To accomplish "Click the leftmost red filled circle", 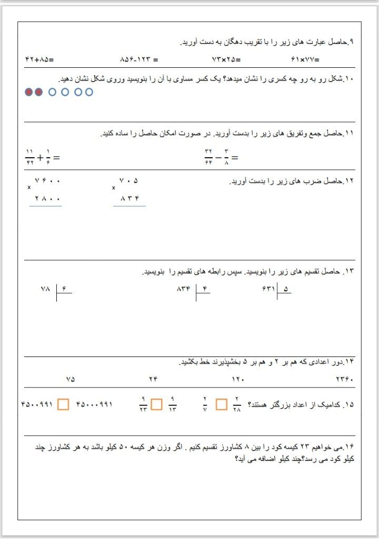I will [29, 92].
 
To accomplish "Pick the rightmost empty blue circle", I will [89, 92].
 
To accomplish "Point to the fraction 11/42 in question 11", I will [29, 157].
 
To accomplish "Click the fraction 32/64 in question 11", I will [208, 157].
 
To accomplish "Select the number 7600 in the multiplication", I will [47, 181].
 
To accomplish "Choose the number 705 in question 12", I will [129, 181].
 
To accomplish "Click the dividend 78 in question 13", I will [45, 289].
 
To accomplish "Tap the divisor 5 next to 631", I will [286, 289].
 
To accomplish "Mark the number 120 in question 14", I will [238, 379].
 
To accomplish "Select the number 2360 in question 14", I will [344, 379].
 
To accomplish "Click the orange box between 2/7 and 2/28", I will [222, 404].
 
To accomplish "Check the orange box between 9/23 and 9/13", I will [156, 404].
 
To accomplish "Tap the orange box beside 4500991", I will [63, 404].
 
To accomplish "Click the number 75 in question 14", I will [71, 379].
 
